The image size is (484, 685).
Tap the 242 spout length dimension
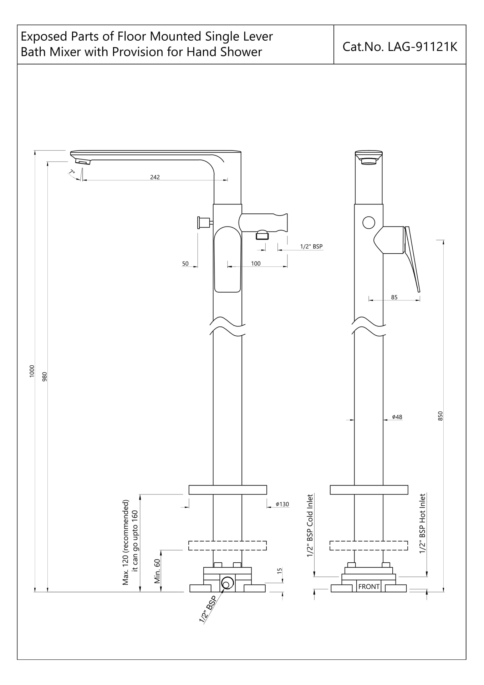pyautogui.click(x=155, y=177)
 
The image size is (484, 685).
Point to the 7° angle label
pyautogui.click(x=72, y=172)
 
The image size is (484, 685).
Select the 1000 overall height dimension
pyautogui.click(x=32, y=371)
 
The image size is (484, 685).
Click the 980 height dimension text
pyautogui.click(x=45, y=377)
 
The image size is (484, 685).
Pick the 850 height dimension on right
pyautogui.click(x=440, y=416)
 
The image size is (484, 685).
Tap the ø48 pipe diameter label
pyautogui.click(x=397, y=417)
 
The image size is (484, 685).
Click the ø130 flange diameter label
pyautogui.click(x=282, y=504)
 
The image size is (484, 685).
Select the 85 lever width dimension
pyautogui.click(x=394, y=297)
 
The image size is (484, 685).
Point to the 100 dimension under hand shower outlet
pyautogui.click(x=256, y=264)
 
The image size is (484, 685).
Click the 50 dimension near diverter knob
pyautogui.click(x=185, y=264)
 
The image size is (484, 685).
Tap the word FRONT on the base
pyautogui.click(x=369, y=587)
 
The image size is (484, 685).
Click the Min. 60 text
pyautogui.click(x=157, y=571)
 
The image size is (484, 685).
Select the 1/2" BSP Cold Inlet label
pyautogui.click(x=310, y=525)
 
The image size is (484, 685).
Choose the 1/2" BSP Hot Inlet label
pyautogui.click(x=423, y=524)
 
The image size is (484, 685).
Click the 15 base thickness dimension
pyautogui.click(x=280, y=570)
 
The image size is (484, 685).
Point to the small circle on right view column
pyautogui.click(x=369, y=223)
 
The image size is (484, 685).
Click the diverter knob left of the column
pyautogui.click(x=201, y=223)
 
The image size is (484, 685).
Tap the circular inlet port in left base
pyautogui.click(x=227, y=583)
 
